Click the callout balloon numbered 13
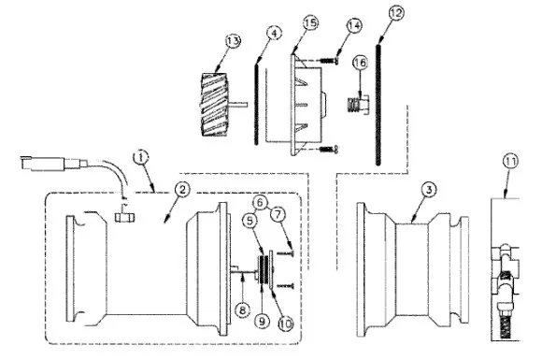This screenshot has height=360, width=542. click(233, 41)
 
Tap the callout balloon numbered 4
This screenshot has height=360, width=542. click(274, 34)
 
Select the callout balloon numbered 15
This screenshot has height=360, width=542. click(310, 23)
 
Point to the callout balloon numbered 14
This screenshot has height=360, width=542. click(354, 26)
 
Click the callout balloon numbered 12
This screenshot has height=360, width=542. click(396, 13)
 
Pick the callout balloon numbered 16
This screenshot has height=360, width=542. click(360, 63)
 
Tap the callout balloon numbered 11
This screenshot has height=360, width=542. click(510, 162)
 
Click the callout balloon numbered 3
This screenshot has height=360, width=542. click(429, 190)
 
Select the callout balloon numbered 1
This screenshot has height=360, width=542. click(141, 157)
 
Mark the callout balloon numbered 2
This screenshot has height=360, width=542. click(182, 189)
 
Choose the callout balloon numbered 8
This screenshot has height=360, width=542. click(242, 310)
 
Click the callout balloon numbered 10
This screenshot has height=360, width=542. click(286, 324)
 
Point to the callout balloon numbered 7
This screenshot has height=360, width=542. click(278, 214)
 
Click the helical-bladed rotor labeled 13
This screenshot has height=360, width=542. click(215, 105)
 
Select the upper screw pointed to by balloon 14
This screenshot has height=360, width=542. click(328, 61)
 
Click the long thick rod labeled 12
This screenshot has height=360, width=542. click(378, 104)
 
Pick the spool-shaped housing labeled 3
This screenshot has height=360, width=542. click(413, 269)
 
